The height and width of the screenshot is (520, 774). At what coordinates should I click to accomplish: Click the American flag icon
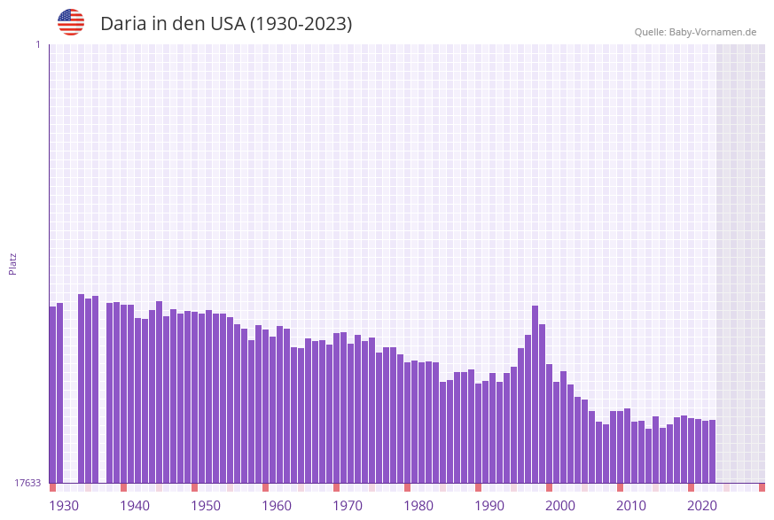(71, 22)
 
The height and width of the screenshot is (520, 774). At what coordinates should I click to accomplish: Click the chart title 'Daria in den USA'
(225, 24)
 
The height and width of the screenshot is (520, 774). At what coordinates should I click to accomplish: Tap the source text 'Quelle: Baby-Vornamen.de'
(695, 32)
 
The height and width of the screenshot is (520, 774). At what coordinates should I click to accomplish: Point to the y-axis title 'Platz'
(13, 263)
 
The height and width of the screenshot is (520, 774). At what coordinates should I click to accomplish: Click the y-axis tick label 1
(37, 44)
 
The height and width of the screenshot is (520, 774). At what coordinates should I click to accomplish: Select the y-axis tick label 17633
(27, 483)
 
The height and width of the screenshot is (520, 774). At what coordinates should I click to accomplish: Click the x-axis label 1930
(64, 506)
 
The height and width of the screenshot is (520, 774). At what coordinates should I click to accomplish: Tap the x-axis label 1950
(206, 506)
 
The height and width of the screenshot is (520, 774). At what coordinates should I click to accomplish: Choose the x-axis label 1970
(348, 506)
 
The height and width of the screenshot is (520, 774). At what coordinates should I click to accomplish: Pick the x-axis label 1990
(489, 506)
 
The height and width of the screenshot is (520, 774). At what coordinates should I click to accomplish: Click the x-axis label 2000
(560, 506)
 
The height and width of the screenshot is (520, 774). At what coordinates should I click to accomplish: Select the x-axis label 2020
(702, 506)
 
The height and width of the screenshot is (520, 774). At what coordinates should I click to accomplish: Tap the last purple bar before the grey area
(712, 451)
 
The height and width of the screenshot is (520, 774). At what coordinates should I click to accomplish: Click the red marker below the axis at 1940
(123, 487)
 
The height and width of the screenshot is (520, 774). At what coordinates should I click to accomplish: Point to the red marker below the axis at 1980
(407, 487)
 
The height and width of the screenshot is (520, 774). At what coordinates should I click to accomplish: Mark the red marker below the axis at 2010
(620, 487)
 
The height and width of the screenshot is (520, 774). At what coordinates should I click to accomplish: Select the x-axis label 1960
(277, 506)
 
